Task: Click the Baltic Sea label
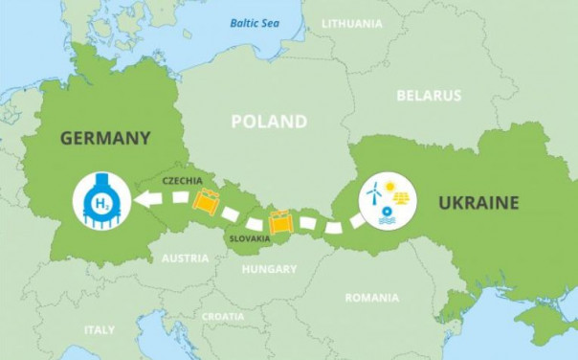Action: click(253, 23)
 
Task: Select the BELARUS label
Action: click(430, 96)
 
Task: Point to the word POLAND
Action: click(269, 122)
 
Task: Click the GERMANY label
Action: click(105, 138)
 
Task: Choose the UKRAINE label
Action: click(478, 202)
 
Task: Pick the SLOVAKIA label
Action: click(249, 237)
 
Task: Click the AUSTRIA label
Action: click(185, 259)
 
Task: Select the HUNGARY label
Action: click(269, 269)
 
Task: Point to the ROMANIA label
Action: click(371, 298)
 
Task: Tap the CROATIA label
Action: click(222, 316)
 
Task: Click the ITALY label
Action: click(99, 329)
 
